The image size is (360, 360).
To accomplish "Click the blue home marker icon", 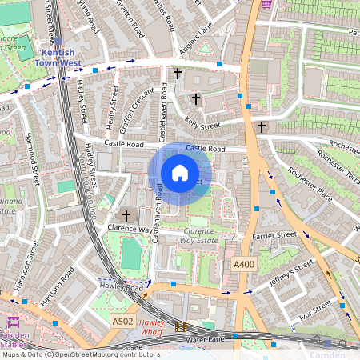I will tap(180, 173).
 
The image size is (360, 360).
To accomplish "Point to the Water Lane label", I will tap(206, 339).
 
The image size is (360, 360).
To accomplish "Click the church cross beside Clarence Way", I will tap(126, 216).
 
